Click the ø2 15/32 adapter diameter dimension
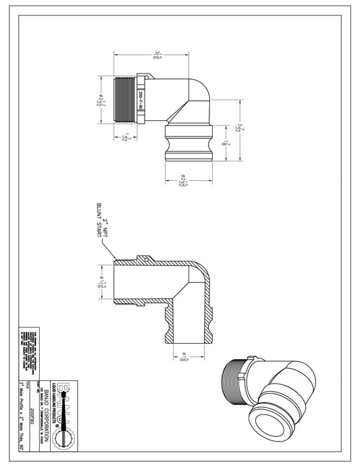pyautogui.click(x=183, y=182)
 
